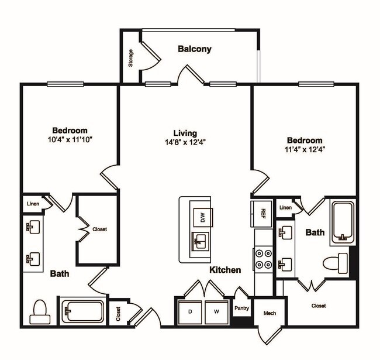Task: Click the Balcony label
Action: pos(194,49)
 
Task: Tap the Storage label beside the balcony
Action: pos(131,58)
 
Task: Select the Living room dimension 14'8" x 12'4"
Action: pos(185,142)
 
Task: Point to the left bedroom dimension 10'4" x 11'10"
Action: pos(70,139)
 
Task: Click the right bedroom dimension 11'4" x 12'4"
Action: pos(304,149)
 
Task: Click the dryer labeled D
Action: pos(190,312)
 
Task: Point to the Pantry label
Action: pos(242,307)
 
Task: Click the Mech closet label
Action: pos(270,313)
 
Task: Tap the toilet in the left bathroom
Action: pos(40,311)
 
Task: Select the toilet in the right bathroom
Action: pos(336,263)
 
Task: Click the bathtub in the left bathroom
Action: pos(82,311)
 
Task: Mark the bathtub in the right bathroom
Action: pos(343,223)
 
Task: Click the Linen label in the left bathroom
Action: pos(33,204)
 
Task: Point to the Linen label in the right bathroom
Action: pos(285,208)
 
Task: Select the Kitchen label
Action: pos(226,270)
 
